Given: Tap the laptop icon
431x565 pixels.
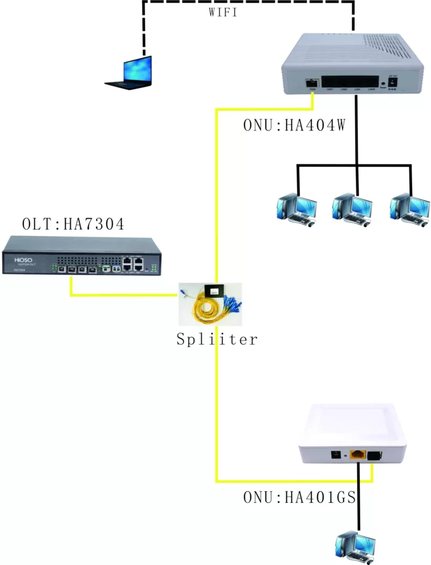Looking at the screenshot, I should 130,72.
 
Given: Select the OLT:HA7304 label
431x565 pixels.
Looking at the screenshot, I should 73,224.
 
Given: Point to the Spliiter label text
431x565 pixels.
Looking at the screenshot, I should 216,339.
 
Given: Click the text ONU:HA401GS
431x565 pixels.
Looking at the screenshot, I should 299,497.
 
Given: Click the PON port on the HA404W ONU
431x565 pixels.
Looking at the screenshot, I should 312,82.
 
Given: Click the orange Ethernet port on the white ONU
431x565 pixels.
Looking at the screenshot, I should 358,456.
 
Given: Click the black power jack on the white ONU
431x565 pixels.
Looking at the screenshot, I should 336,455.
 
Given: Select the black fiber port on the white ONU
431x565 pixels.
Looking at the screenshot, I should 374,456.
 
